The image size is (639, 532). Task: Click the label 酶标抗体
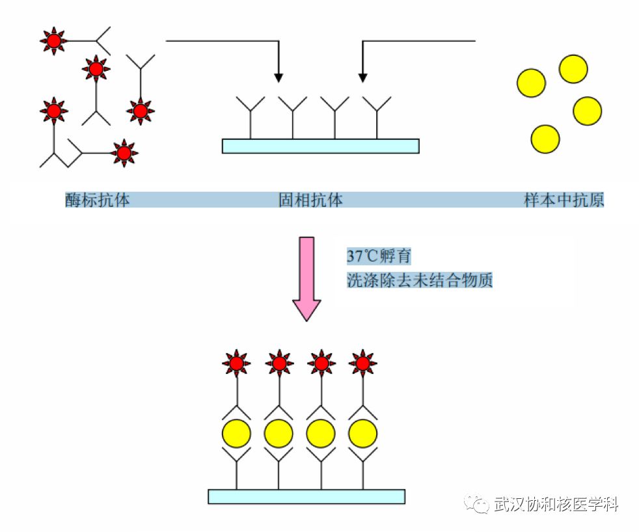click(x=97, y=200)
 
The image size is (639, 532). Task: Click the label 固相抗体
click(x=310, y=200)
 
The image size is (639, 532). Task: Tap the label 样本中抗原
click(x=564, y=200)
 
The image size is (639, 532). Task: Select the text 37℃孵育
click(x=379, y=256)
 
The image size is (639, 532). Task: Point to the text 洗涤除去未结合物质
click(x=419, y=281)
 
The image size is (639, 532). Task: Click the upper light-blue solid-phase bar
click(x=320, y=146)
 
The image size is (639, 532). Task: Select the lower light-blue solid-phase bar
click(x=306, y=496)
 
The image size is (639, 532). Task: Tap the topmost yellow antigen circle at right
click(x=573, y=69)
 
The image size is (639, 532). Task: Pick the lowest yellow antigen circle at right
click(x=545, y=139)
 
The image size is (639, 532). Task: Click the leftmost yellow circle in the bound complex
click(x=236, y=432)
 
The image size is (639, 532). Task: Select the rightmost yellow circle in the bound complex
click(x=362, y=432)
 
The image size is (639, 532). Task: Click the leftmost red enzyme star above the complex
click(x=236, y=362)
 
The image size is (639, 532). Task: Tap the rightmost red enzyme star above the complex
click(x=362, y=362)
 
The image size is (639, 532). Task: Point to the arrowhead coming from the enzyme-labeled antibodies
click(x=279, y=77)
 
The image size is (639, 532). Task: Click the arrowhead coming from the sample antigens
click(x=362, y=77)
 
